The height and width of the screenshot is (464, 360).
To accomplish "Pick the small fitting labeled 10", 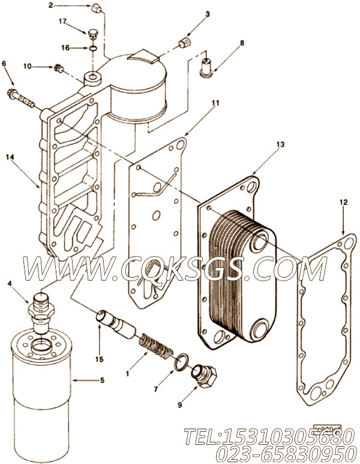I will point(59,68).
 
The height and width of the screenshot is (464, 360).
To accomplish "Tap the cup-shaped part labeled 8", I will point(207,65).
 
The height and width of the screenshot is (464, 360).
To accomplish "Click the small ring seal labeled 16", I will point(92,47).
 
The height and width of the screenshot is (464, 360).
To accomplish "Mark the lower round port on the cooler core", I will point(263,329).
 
